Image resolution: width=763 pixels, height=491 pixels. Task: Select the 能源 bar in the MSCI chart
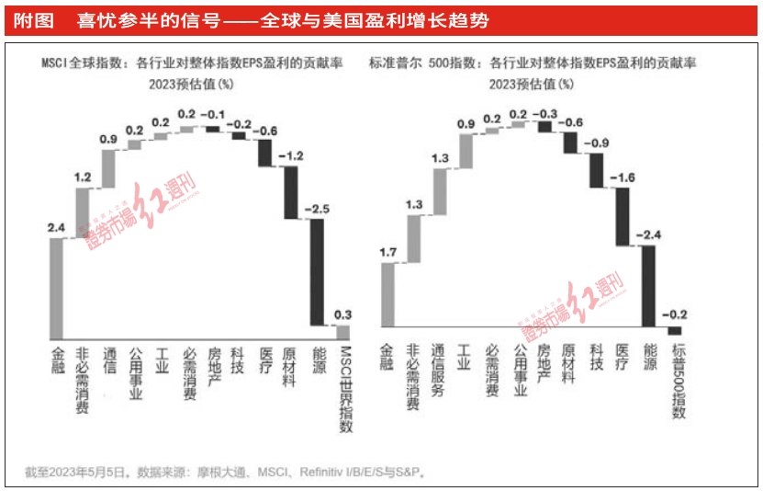click(x=318, y=271)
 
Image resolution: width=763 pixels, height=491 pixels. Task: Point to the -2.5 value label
click(x=317, y=209)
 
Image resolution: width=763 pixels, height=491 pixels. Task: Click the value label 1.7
click(x=387, y=251)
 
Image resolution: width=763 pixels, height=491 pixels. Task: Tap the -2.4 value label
click(x=649, y=235)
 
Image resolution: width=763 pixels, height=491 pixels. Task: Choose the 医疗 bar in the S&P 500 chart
click(x=623, y=216)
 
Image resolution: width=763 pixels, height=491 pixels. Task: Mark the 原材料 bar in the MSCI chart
click(x=291, y=192)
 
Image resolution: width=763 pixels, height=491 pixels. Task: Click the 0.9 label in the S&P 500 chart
click(x=466, y=124)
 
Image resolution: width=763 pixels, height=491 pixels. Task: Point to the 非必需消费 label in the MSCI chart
click(x=83, y=376)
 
